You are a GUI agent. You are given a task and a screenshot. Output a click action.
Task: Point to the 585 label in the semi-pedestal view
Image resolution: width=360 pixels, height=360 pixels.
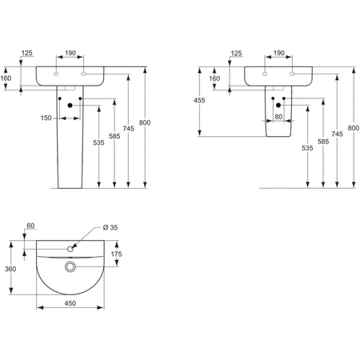tap(322, 143)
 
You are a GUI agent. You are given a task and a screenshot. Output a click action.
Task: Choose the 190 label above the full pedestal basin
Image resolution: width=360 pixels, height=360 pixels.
tap(70, 54)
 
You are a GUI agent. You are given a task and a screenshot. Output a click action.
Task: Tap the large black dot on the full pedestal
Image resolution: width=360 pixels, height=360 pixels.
tap(70, 106)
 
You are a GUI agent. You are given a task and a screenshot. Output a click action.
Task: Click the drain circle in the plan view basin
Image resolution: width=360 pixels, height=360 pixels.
tap(70, 265)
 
